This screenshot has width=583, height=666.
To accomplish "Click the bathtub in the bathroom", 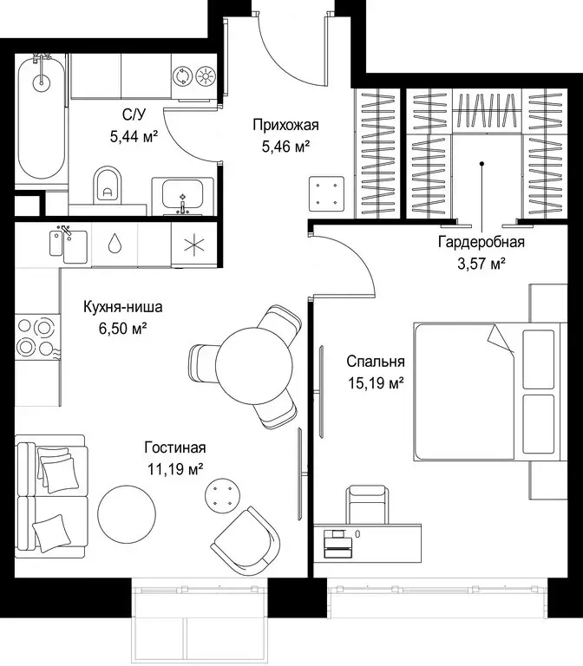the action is point(42,119).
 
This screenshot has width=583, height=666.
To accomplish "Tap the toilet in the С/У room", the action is point(107,185).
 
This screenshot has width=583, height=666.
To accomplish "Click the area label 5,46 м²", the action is point(285,147).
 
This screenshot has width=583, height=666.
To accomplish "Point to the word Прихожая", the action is point(285,125).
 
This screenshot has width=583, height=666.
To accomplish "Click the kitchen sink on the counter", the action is point(69,246).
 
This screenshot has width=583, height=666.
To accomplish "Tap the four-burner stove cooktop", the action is point(37,336).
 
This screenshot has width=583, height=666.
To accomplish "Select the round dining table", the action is point(254,365).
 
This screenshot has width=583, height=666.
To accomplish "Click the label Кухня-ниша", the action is point(123,307).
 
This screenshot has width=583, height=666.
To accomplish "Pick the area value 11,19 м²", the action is point(175,469).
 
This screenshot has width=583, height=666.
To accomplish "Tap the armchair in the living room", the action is point(246,541).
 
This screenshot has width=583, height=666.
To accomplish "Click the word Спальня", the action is point(375,362).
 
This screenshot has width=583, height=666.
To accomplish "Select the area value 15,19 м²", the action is point(376,383).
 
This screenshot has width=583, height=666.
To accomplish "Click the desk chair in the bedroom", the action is point(368,505).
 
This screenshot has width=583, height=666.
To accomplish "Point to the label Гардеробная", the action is point(481,242).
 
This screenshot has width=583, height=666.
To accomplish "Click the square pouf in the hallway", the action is point(326,193).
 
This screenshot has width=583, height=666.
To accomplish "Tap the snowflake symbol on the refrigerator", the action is point(194,245).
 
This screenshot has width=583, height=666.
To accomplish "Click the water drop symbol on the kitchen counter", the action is point(114,244).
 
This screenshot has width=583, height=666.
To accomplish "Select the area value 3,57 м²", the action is point(481,264).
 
